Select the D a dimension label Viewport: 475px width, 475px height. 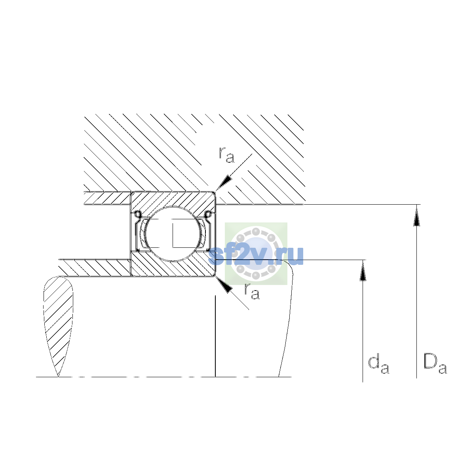point(435,364)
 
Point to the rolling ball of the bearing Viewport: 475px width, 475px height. point(173,234)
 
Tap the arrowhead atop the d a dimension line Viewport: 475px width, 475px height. point(362,271)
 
